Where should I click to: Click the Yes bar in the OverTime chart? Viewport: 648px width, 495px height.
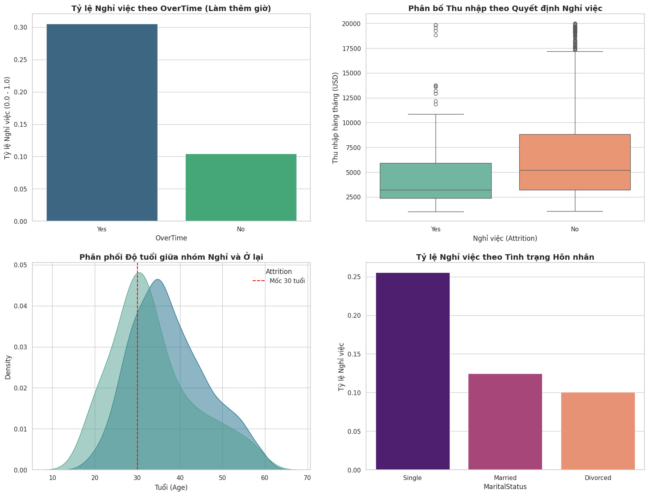[102, 122]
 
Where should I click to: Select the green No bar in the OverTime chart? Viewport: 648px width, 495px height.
[241, 187]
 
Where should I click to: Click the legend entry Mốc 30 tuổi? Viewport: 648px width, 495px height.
[287, 281]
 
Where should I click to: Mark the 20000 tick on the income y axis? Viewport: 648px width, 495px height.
[351, 24]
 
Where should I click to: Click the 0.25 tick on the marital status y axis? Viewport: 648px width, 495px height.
[354, 277]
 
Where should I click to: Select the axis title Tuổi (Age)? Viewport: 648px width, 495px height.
[171, 487]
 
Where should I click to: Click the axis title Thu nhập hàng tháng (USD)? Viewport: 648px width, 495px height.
[336, 118]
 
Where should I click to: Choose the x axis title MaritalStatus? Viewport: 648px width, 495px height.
[505, 487]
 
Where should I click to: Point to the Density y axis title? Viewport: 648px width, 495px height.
[8, 367]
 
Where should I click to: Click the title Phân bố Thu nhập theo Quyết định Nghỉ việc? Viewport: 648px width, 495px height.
[505, 8]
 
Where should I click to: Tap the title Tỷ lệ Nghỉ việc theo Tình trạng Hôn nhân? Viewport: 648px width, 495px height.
[505, 257]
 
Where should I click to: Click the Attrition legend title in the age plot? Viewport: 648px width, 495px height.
[278, 272]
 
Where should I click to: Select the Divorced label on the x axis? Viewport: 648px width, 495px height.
[598, 478]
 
